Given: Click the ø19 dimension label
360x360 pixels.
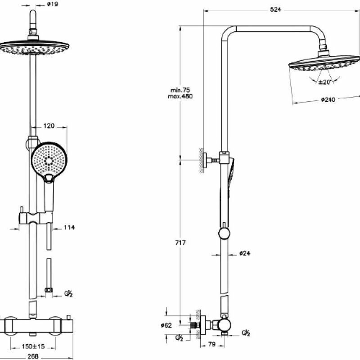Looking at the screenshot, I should [53, 4].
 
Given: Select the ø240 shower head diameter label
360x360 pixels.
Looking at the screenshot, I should [328, 100].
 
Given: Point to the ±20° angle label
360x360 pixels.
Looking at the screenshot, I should [324, 82].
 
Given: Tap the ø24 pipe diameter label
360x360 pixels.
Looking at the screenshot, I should [244, 254].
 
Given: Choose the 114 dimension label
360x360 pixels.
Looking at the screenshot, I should [68, 227].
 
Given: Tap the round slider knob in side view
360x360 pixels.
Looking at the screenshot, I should [224, 233].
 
